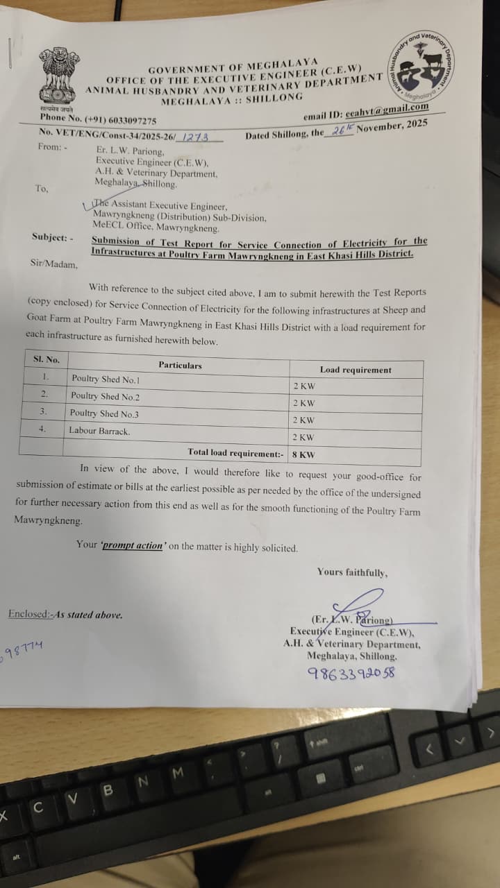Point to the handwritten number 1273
pyautogui.click(x=195, y=137)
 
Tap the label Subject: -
pyautogui.click(x=52, y=237)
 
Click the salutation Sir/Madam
pyautogui.click(x=54, y=264)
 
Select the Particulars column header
pyautogui.click(x=180, y=365)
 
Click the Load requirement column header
pyautogui.click(x=356, y=370)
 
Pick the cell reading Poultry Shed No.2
pyautogui.click(x=105, y=396)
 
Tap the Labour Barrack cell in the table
pyautogui.click(x=99, y=431)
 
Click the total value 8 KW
pyautogui.click(x=303, y=454)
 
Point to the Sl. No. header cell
pyautogui.click(x=47, y=359)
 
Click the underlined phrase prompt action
pyautogui.click(x=133, y=546)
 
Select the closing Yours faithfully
pyautogui.click(x=352, y=572)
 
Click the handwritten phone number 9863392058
pyautogui.click(x=351, y=672)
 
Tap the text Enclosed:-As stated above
pyautogui.click(x=65, y=615)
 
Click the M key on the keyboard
pyautogui.click(x=177, y=771)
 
